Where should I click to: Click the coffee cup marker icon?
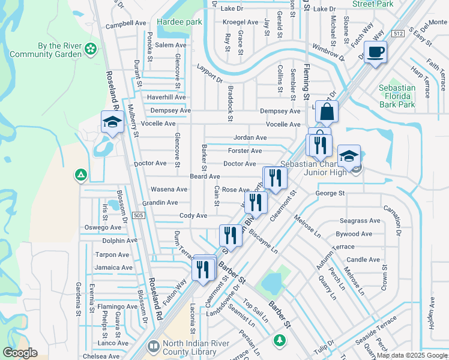point(375,52)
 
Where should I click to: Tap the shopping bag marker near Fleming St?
point(327,112)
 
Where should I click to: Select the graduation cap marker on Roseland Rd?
point(112,123)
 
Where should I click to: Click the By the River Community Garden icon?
point(91,48)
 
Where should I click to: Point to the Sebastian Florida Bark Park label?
point(397,96)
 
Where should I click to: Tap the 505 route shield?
point(139,215)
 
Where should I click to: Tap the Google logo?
point(20,353)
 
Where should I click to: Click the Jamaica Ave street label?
point(113,268)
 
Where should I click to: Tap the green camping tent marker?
point(80,175)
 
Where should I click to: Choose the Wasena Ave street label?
point(169,190)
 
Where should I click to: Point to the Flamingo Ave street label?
point(114,307)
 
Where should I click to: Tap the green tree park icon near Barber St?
point(279,340)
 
